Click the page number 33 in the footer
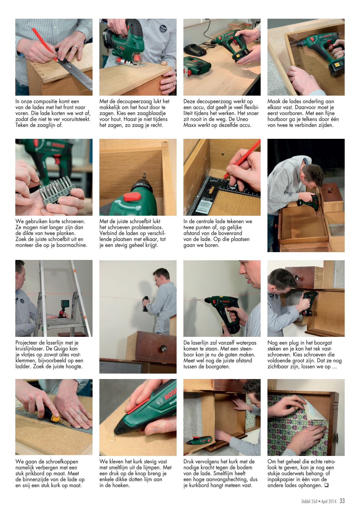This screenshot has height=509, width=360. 342,500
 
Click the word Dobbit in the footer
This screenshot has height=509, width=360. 307,501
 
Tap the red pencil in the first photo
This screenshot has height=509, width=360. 45,45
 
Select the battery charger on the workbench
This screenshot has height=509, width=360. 195,50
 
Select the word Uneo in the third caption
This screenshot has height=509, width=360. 242,119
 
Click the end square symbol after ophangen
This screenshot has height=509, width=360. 326,485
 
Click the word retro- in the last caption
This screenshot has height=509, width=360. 329,461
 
